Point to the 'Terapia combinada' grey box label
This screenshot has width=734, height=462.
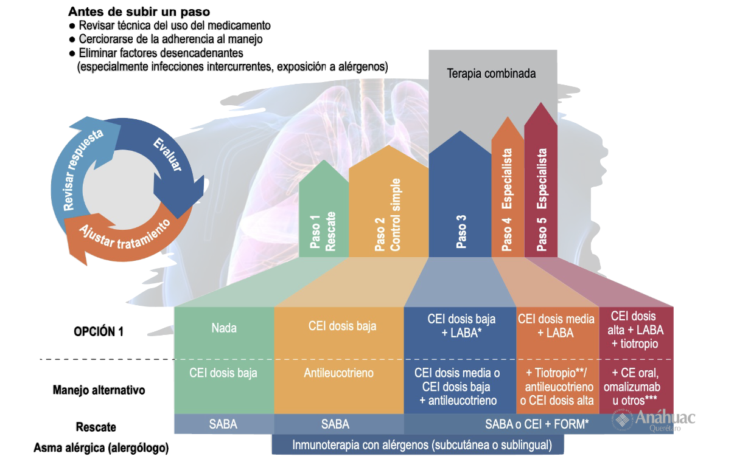coord(491,74)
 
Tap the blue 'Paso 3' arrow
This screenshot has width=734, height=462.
coord(460,207)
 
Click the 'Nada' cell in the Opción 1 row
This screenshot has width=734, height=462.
coord(224,328)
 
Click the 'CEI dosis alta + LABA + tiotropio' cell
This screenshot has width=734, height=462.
coord(637,330)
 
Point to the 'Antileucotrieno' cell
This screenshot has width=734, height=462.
coord(338,373)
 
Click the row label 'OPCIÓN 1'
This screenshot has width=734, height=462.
coord(99,332)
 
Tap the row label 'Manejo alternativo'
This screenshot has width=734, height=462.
coord(99,390)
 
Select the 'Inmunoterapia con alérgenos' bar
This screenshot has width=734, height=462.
coord(418,444)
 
